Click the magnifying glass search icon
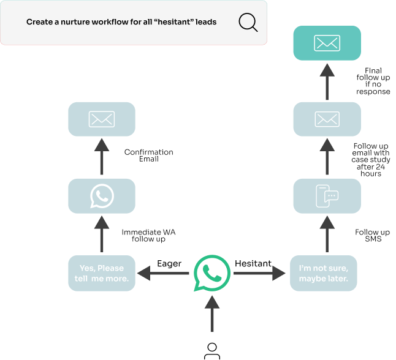coord(248,23)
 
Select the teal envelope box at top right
coord(327,43)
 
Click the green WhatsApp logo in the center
coord(211,273)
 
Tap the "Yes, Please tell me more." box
coord(101,273)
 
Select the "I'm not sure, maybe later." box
coord(323,273)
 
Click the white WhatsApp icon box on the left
coord(101,196)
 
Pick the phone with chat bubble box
coord(327,196)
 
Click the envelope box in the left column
coord(101,119)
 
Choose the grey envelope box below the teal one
coord(327,119)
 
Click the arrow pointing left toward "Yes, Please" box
coord(162,273)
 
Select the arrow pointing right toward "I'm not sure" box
coord(260,273)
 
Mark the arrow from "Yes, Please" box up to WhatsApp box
coord(101,234)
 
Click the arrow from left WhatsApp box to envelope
coord(101,157)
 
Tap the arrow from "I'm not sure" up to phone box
coord(327,234)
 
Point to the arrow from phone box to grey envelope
coord(327,157)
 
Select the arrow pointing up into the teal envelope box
coord(327,81)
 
